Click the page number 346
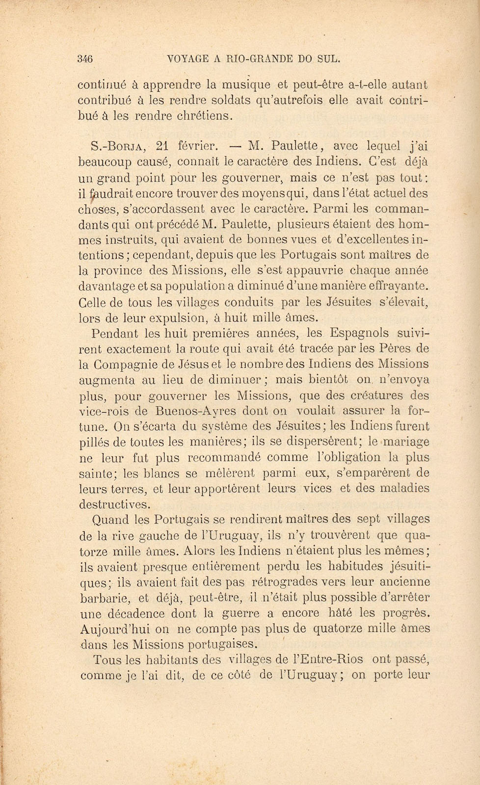pos(85,59)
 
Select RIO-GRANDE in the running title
pos(259,59)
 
